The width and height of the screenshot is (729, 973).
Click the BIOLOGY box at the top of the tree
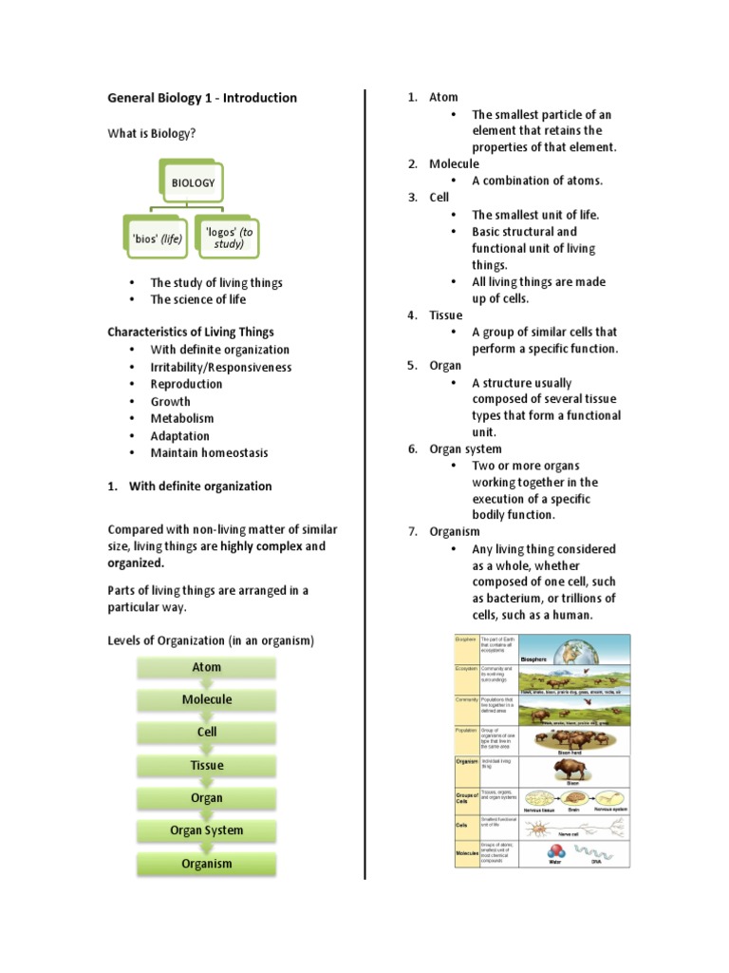(x=193, y=182)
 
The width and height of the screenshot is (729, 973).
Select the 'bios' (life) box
(x=156, y=238)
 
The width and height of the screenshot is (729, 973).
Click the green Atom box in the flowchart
(x=207, y=667)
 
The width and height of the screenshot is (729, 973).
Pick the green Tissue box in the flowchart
(x=207, y=765)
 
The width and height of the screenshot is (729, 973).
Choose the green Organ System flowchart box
(x=207, y=830)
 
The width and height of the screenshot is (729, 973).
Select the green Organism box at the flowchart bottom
(x=207, y=864)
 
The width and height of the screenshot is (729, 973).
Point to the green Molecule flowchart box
(x=207, y=699)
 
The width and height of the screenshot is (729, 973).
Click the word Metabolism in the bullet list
(x=182, y=418)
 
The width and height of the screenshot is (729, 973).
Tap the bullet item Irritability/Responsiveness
(x=220, y=367)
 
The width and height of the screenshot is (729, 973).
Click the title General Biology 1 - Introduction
(x=202, y=98)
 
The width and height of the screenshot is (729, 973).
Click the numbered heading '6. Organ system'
(x=455, y=448)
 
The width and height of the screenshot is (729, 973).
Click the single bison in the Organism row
(x=568, y=773)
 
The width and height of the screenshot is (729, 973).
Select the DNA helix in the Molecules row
(x=597, y=851)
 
